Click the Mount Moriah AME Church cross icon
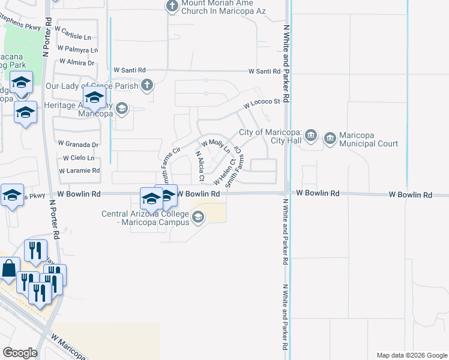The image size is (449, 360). coord(172,6)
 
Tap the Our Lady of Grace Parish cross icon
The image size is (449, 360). coord(146,86)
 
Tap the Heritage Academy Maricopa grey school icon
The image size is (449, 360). coord(122,108)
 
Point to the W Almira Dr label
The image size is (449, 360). coord(76,62)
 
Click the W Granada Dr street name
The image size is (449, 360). coord(78,145)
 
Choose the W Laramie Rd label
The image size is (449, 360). coord(79,171)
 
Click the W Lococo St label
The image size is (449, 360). coord(262,105)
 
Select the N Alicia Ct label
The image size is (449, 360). coord(200,167)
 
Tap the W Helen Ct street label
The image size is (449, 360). coord(224,170)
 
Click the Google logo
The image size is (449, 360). coord(20,353)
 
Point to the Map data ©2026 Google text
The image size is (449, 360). coord(411,355)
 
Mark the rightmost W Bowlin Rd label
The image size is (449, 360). coord(410,195)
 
